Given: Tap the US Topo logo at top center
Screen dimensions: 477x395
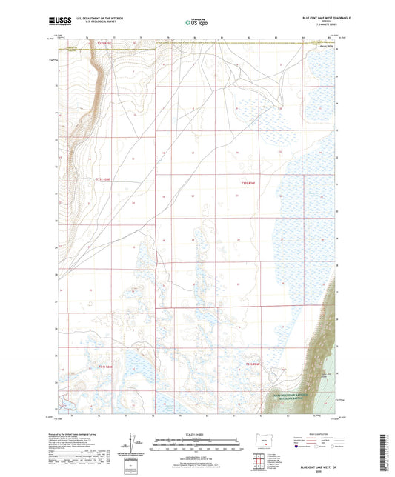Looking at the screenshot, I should (x=196, y=22).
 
